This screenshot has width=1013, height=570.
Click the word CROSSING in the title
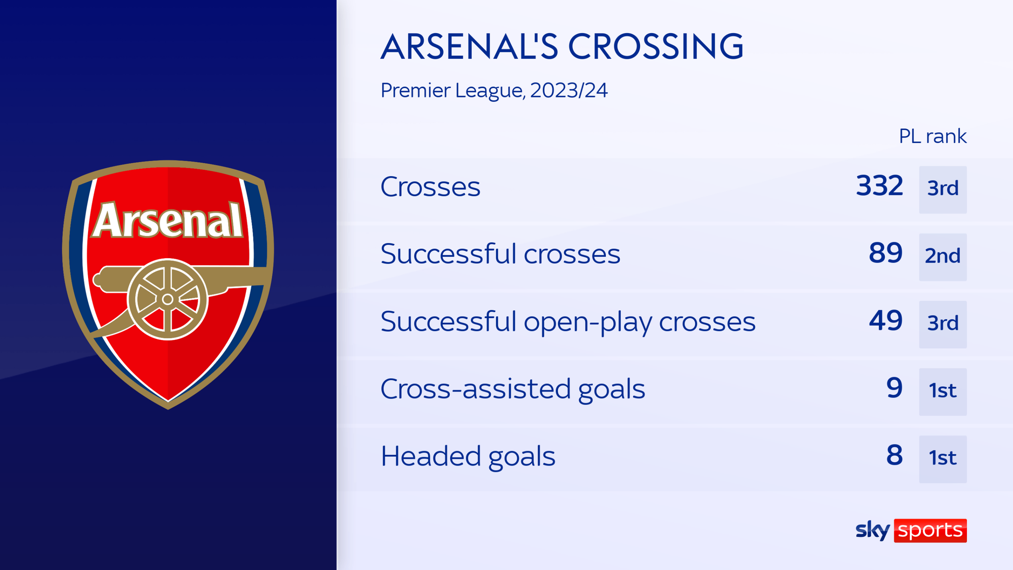[x=656, y=47]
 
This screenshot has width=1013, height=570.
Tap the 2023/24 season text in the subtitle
[x=569, y=91]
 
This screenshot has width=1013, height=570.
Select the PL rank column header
[x=932, y=137]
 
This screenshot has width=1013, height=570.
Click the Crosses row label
[x=430, y=187]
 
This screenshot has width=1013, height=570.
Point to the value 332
[x=879, y=186]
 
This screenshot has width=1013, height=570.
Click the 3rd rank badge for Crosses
[x=943, y=190]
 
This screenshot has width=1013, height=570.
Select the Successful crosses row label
[x=500, y=254]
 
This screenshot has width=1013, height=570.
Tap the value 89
[x=885, y=253]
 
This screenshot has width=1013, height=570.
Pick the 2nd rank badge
[x=943, y=257]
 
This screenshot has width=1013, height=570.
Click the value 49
[x=885, y=321]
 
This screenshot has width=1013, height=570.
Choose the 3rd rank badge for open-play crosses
[x=943, y=324]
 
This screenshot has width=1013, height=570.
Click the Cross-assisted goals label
[x=512, y=389]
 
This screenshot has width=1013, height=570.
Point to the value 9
[x=894, y=388]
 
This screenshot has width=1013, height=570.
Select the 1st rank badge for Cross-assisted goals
[x=943, y=391]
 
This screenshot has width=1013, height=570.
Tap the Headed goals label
[x=467, y=456]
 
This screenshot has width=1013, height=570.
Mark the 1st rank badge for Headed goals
[x=943, y=459]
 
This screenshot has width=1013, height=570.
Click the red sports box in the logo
[x=930, y=530]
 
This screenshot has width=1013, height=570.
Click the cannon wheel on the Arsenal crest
[x=168, y=299]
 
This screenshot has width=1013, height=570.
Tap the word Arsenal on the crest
[x=168, y=221]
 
